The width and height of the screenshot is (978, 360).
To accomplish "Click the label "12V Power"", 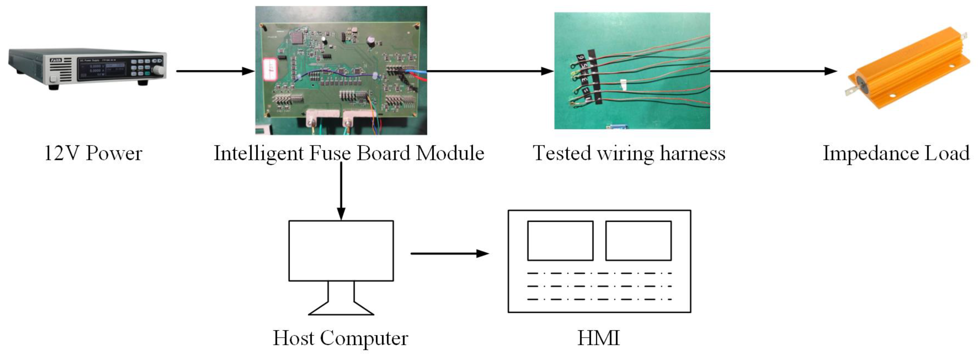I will [93, 153].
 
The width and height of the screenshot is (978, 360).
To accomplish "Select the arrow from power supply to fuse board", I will [215, 71].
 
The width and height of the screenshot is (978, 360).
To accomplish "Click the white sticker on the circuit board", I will [270, 70].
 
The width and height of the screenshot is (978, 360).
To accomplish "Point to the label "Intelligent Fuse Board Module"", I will [349, 153].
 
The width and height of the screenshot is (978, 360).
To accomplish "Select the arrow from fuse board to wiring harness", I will [490, 71].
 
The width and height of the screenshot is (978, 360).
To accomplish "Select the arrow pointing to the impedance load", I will [773, 71].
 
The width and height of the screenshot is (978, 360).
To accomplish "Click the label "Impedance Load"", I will [896, 153].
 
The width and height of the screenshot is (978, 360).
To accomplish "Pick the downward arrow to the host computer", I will [341, 192].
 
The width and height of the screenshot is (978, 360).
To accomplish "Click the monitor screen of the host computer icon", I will [341, 251].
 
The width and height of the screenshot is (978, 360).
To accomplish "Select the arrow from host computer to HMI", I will [450, 253].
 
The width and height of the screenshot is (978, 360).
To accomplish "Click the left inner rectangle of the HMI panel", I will [560, 241].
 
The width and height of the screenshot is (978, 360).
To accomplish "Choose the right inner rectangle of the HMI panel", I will [638, 241].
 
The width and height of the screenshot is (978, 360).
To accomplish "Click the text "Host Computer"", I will [340, 338].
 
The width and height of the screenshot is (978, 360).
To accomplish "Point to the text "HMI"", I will [599, 338].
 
